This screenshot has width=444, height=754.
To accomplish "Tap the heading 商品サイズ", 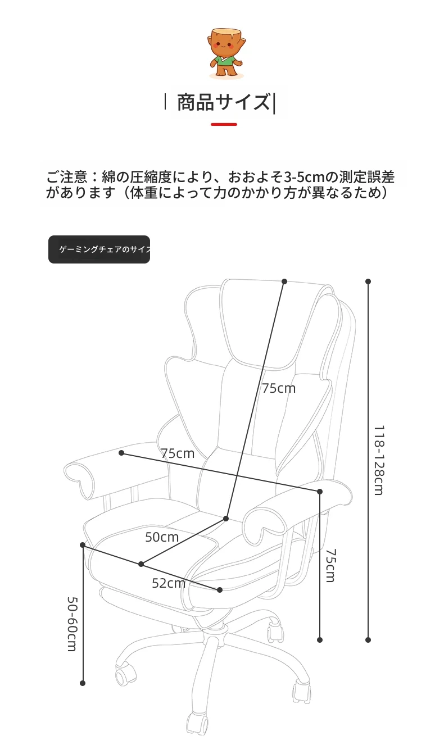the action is coord(223,102).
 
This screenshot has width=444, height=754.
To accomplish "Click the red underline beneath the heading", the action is coord(224,124).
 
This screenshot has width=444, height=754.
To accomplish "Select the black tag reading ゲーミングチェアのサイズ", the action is coord(99,249).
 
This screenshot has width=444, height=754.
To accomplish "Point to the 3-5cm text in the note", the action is coord(304,177).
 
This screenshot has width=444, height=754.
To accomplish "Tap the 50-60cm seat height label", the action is coord(73,624).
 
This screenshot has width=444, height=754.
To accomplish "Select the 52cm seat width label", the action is coord(168,583).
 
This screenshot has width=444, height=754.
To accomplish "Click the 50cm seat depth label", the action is coord(162,537).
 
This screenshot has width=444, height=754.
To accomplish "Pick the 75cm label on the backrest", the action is coord(279,388).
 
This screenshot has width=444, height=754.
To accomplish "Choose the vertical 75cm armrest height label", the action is coord(330,565).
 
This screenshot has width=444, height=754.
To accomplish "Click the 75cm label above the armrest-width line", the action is coord(178,453).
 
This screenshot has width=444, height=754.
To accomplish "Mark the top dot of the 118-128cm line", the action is coord(368,281).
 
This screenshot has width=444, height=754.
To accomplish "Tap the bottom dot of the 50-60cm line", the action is coord(83,683).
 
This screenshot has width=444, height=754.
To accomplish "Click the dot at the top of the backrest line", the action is coord(284,281).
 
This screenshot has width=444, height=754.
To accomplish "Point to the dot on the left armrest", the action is coord(121,453).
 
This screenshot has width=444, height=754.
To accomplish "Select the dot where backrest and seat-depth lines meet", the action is coord(226,519).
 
